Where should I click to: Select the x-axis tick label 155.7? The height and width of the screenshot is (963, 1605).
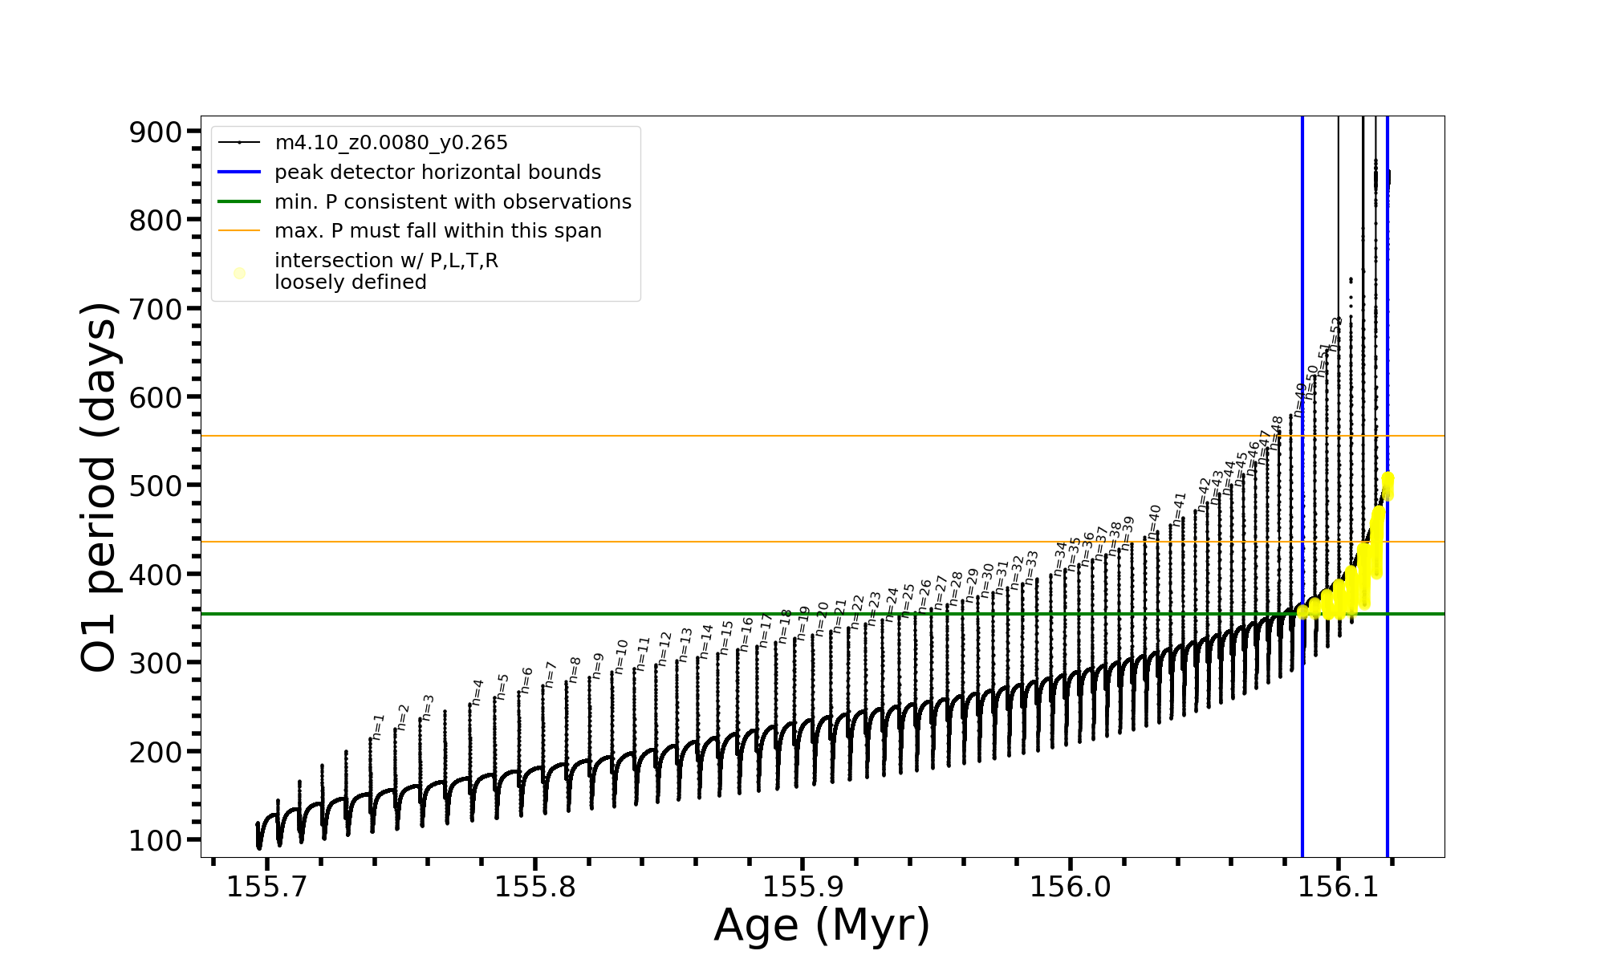[266, 887]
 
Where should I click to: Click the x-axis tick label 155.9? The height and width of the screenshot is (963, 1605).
[802, 887]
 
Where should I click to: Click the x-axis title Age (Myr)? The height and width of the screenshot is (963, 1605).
[822, 925]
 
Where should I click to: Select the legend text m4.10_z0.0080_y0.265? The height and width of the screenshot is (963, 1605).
[391, 143]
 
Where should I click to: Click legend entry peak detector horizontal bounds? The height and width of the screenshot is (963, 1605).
[437, 173]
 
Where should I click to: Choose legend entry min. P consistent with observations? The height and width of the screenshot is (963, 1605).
[453, 202]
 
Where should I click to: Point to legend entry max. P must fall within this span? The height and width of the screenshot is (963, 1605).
[437, 231]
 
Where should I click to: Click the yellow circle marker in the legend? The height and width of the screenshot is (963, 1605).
[239, 274]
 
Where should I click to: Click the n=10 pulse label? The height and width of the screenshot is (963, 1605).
[621, 656]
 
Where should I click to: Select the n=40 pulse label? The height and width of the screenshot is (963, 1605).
[1154, 522]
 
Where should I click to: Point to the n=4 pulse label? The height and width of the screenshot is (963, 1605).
[477, 692]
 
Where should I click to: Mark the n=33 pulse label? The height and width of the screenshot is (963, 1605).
[1032, 566]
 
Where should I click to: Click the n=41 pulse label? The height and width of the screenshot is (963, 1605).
[1179, 509]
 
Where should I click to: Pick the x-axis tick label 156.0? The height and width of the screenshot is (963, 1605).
[1070, 887]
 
